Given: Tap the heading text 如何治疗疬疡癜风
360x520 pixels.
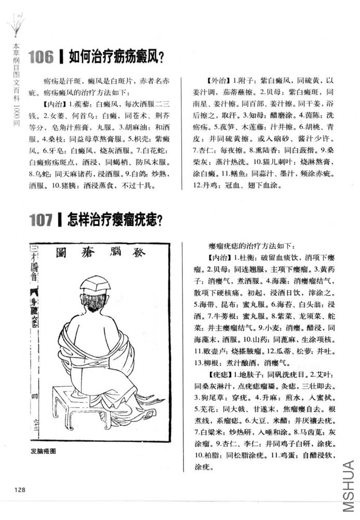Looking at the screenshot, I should [116, 57].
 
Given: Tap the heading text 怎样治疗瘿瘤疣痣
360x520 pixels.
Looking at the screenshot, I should [116, 220].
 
